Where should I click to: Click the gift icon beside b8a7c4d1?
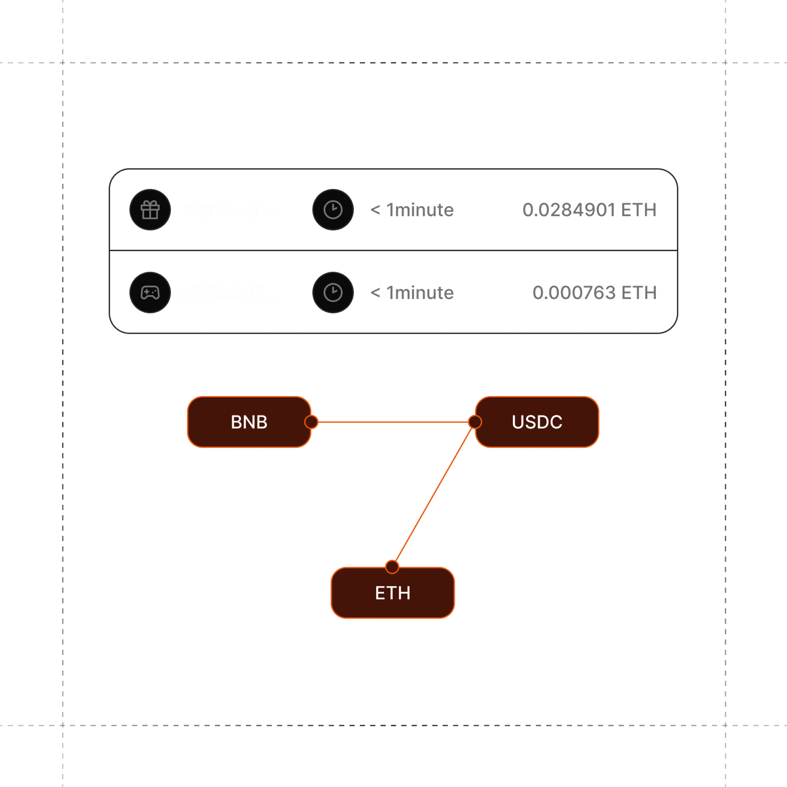pos(150,210)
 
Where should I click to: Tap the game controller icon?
pos(150,292)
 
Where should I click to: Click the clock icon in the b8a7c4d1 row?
pos(333,210)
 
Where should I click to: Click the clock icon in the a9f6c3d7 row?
pos(333,292)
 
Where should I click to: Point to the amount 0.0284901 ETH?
pos(589,210)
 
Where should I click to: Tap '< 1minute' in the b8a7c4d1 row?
pos(412,210)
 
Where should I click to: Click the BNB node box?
pos(249,422)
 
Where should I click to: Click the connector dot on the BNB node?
pos(311,422)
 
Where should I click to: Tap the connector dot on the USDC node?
pos(475,422)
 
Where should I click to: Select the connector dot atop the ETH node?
pos(392,567)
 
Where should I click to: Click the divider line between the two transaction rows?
pos(393,250)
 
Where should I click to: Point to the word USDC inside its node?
pos(537,422)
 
